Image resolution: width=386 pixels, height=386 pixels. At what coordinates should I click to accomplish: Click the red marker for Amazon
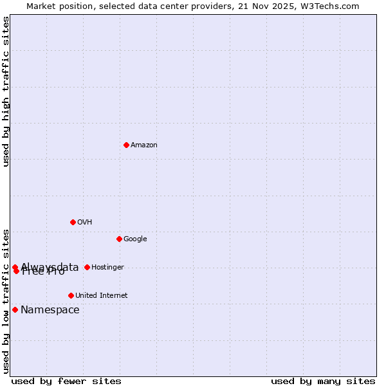pyautogui.click(x=126, y=145)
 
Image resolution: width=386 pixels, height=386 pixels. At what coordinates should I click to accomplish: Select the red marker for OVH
pyautogui.click(x=73, y=222)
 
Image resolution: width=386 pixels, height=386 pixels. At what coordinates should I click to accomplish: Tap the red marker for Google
pyautogui.click(x=119, y=239)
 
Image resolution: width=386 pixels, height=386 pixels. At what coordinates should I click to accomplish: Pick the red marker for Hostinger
pyautogui.click(x=87, y=267)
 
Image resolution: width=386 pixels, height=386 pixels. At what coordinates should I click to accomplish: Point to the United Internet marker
pyautogui.click(x=71, y=295)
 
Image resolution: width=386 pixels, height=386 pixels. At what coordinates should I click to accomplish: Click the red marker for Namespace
pyautogui.click(x=15, y=309)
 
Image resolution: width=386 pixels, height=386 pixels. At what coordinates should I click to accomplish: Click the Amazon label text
pyautogui.click(x=143, y=145)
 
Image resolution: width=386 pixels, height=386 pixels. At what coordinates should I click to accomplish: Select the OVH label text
pyautogui.click(x=84, y=222)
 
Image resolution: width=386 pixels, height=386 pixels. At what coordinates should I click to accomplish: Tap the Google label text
pyautogui.click(x=135, y=239)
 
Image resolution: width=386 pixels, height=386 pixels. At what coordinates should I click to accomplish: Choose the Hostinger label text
pyautogui.click(x=107, y=267)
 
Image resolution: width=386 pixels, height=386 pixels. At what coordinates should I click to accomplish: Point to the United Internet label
pyautogui.click(x=101, y=295)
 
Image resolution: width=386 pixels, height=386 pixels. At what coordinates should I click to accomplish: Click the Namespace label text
pyautogui.click(x=50, y=309)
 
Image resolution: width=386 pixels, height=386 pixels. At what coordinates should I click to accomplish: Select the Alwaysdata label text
pyautogui.click(x=50, y=266)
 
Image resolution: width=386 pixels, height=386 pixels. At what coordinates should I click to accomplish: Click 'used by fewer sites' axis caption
pyautogui.click(x=66, y=381)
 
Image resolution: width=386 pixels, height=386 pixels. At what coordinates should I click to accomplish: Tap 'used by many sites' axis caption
pyautogui.click(x=323, y=381)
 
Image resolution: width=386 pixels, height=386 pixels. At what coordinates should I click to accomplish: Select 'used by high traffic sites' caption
pyautogui.click(x=6, y=91)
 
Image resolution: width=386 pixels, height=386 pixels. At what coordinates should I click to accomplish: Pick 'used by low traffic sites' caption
pyautogui.click(x=6, y=300)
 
